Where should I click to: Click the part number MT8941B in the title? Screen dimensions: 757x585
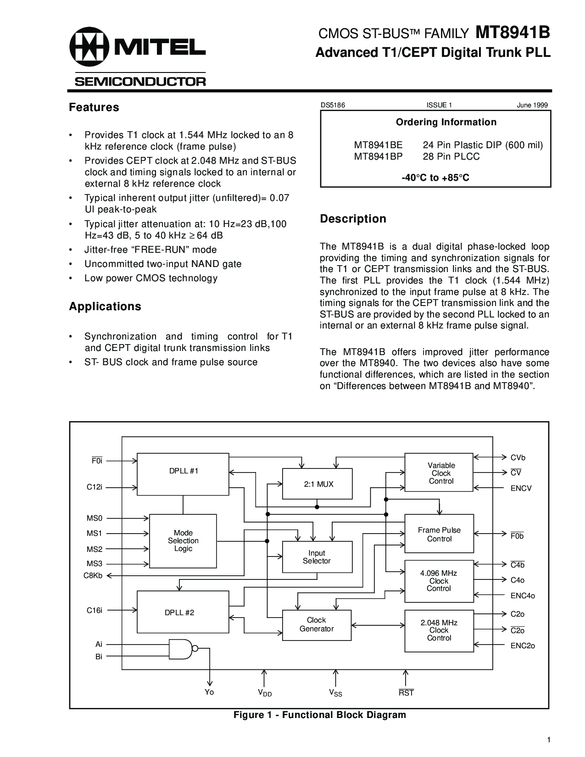513,33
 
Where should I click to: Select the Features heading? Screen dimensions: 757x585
94,107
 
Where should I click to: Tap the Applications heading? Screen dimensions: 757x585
105,306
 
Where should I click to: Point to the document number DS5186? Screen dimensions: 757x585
333,105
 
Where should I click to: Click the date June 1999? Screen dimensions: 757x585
532,105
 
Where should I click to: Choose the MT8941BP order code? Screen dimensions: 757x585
378,156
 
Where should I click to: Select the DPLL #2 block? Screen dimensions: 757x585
183,612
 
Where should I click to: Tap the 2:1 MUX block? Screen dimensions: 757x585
318,484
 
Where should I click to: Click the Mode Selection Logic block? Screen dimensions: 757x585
183,540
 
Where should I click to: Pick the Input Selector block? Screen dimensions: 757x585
317,557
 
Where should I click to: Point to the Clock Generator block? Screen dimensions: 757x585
317,625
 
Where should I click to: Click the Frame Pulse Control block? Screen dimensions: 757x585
439,534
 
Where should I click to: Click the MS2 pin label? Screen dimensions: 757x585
95,549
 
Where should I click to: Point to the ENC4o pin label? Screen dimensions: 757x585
523,596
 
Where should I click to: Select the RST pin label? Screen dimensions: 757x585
406,693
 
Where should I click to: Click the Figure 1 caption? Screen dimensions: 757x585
320,715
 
